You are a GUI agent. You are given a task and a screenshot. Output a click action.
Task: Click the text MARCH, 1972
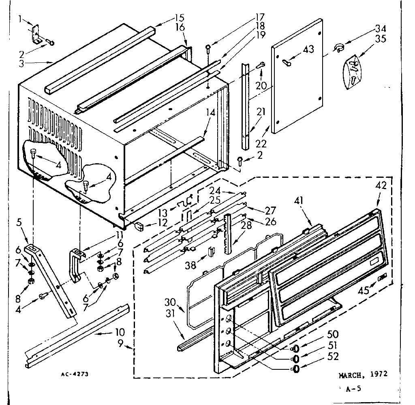click(x=363, y=375)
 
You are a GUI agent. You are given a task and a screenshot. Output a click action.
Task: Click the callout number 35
click(x=380, y=40)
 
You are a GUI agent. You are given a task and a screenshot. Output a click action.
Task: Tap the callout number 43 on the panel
click(x=308, y=49)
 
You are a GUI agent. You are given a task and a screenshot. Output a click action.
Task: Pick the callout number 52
click(x=334, y=356)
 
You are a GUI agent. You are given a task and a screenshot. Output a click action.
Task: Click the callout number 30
click(x=170, y=302)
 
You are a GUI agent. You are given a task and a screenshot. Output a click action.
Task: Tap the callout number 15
click(x=180, y=17)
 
